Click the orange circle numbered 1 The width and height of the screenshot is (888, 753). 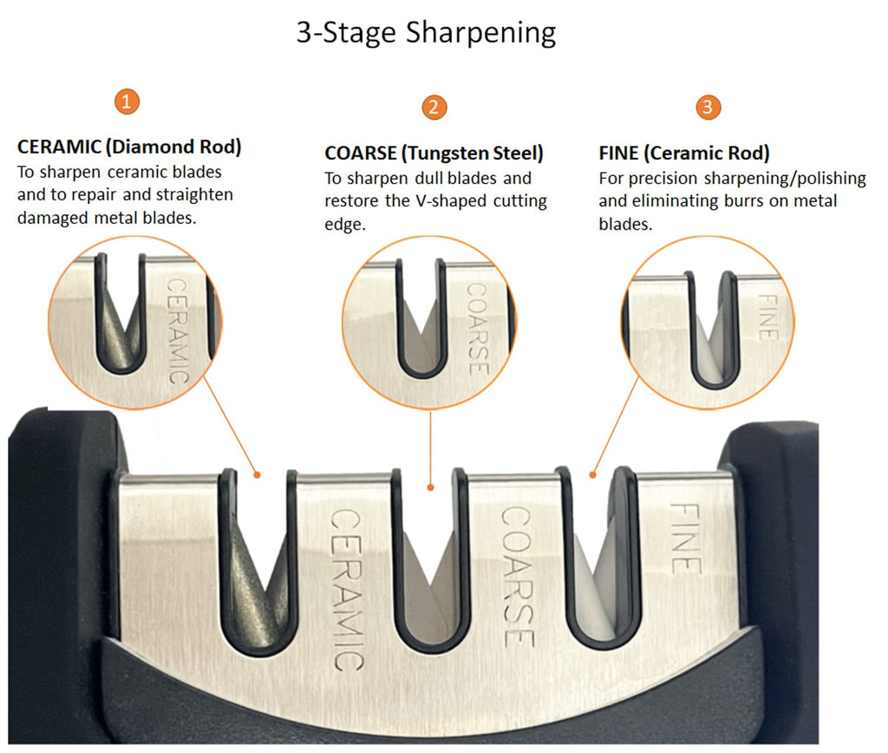tap(127, 101)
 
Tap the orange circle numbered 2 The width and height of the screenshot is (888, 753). tap(434, 107)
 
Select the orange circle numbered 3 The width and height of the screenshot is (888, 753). tap(708, 107)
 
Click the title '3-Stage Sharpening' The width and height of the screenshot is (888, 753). tap(426, 33)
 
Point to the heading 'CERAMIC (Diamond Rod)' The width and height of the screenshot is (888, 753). tap(129, 147)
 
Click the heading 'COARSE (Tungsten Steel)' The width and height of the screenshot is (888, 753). tap(434, 153)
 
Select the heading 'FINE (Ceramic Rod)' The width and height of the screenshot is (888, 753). tap(684, 153)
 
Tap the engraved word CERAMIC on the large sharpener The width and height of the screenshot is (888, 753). tap(347, 590)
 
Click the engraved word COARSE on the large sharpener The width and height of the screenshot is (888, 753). tap(518, 577)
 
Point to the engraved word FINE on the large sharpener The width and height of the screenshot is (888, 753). tap(686, 538)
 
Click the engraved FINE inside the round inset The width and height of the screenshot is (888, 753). tap(768, 318)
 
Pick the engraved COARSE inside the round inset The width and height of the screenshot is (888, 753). tap(478, 329)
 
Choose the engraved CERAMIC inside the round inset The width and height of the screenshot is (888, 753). tap(177, 331)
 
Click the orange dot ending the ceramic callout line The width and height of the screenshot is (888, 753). tap(257, 475)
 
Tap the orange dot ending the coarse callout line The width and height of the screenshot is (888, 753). tap(430, 488)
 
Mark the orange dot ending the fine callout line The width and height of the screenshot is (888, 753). tap(592, 475)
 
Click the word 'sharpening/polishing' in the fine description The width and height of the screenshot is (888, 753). tap(785, 179)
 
